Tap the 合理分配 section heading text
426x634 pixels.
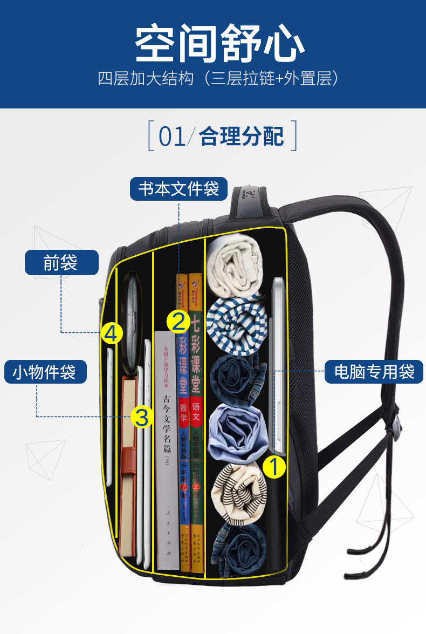242,137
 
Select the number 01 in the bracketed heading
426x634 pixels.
172,137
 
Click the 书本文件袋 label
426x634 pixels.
178,189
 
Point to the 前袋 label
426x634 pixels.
61,263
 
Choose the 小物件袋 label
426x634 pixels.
45,372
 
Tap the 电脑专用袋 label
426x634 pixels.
374,372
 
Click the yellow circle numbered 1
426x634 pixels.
274,467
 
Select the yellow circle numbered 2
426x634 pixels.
179,322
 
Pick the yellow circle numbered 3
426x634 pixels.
142,417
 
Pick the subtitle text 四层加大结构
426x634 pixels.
146,79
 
